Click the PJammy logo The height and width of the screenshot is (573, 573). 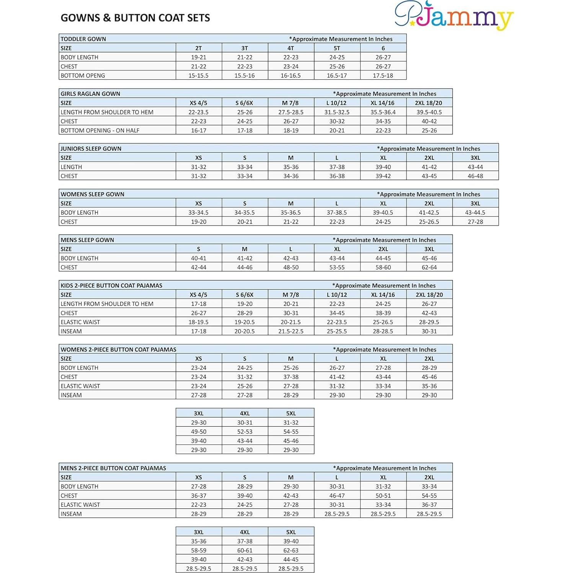pyautogui.click(x=454, y=16)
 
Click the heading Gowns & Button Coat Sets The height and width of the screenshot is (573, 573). pyautogui.click(x=135, y=18)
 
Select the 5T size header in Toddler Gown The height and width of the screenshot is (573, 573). pyautogui.click(x=337, y=48)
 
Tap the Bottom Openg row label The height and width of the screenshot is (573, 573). pyautogui.click(x=83, y=76)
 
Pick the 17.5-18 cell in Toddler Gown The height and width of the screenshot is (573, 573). pyautogui.click(x=383, y=76)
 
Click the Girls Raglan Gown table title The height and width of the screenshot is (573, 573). pyautogui.click(x=90, y=94)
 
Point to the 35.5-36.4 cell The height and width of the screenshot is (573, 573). pyautogui.click(x=383, y=112)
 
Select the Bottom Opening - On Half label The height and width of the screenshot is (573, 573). pyautogui.click(x=100, y=131)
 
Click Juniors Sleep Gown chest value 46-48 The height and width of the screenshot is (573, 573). pyautogui.click(x=475, y=176)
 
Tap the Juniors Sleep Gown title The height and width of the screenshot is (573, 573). pyautogui.click(x=91, y=149)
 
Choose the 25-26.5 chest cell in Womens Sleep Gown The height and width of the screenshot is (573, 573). pyautogui.click(x=429, y=222)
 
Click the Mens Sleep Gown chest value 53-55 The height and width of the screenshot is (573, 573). pyautogui.click(x=337, y=268)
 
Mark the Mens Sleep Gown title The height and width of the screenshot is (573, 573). pyautogui.click(x=87, y=240)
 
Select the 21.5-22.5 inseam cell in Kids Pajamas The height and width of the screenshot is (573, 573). pyautogui.click(x=291, y=331)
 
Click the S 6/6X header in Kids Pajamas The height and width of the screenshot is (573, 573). pyautogui.click(x=245, y=295)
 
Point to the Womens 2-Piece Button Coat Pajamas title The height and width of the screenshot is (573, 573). pyautogui.click(x=118, y=349)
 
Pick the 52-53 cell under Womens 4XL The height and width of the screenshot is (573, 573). pyautogui.click(x=245, y=432)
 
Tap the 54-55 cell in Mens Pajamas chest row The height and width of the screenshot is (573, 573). pyautogui.click(x=429, y=496)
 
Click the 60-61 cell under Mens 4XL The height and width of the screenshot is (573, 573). pyautogui.click(x=245, y=550)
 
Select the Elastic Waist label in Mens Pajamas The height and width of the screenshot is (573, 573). pyautogui.click(x=80, y=505)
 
